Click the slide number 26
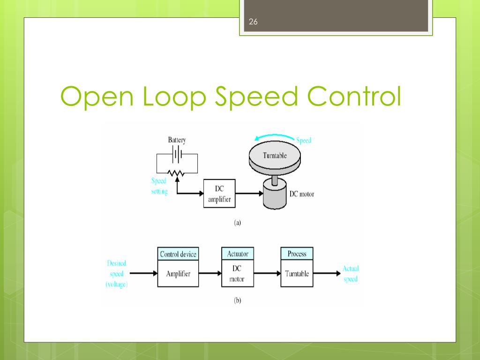pyautogui.click(x=253, y=22)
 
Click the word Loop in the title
pyautogui.click(x=174, y=97)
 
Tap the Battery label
pyautogui.click(x=177, y=140)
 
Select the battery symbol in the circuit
pyautogui.click(x=177, y=154)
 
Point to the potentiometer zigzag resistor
pyautogui.click(x=176, y=173)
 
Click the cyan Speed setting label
pyautogui.click(x=159, y=186)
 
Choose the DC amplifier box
pyautogui.click(x=219, y=194)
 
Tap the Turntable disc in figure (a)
pyautogui.click(x=275, y=157)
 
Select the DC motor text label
pyautogui.click(x=302, y=194)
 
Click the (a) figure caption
pyautogui.click(x=238, y=223)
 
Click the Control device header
pyautogui.click(x=178, y=254)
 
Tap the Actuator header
pyautogui.click(x=238, y=254)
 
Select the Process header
pyautogui.click(x=297, y=254)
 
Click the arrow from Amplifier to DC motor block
pyautogui.click(x=210, y=273)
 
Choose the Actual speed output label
pyautogui.click(x=351, y=274)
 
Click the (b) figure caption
pyautogui.click(x=238, y=300)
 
